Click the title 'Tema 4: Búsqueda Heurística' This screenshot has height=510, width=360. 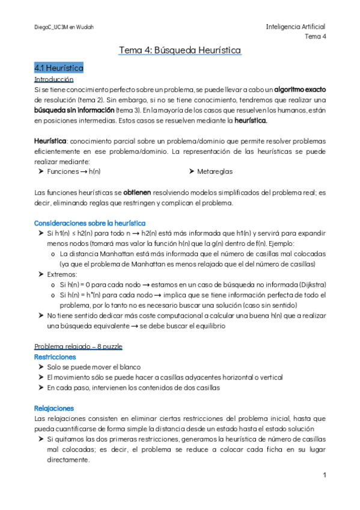point(180,50)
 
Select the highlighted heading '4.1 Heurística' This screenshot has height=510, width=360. point(59,68)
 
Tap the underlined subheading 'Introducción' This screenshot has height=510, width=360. point(54,79)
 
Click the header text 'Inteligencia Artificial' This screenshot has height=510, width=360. point(295,27)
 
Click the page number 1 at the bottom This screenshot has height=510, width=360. point(324,475)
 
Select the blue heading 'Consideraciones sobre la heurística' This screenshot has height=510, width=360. point(90,223)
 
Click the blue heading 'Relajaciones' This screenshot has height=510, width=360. point(54,408)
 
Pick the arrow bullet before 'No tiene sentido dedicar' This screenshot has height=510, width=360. point(40,315)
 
